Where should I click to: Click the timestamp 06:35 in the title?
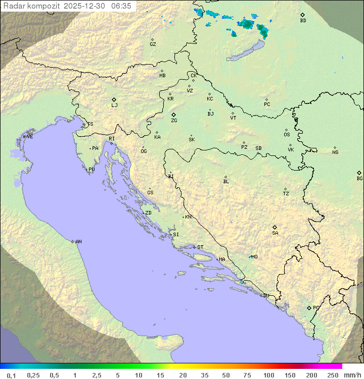121,6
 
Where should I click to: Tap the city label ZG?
174,121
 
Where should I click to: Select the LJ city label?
114,105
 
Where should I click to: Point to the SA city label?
275,233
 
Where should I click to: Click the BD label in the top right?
303,21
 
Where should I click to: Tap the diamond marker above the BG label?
359,173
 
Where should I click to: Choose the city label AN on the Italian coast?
78,242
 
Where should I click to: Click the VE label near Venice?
30,137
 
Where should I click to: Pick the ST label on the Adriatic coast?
200,247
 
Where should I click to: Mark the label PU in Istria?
92,170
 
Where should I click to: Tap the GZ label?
153,44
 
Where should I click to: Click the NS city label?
335,152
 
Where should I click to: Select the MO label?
254,257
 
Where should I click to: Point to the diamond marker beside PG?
309,307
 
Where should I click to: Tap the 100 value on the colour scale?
269,375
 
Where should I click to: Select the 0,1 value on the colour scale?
11,375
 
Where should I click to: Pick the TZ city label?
286,194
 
